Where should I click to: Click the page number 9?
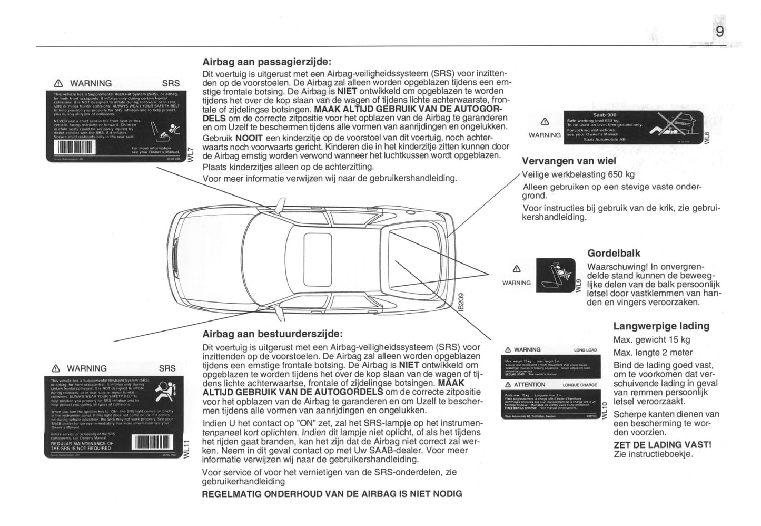coord(719,32)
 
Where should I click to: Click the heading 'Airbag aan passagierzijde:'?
coord(267,62)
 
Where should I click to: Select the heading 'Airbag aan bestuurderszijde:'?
coord(272,334)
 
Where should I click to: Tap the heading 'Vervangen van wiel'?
coord(569,161)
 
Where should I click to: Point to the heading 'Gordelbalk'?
coord(614,253)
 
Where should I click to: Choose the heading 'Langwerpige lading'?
coord(661,326)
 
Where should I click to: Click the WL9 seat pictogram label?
coord(556,275)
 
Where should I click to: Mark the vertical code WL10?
coord(604,410)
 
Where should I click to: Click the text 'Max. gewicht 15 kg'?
coord(651,340)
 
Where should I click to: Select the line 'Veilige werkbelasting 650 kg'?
coord(578,174)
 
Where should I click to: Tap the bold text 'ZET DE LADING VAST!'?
coord(662,445)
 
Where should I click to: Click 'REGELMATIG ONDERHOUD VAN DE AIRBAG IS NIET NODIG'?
coord(332,494)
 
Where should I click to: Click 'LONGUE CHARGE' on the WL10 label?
coord(579,385)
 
